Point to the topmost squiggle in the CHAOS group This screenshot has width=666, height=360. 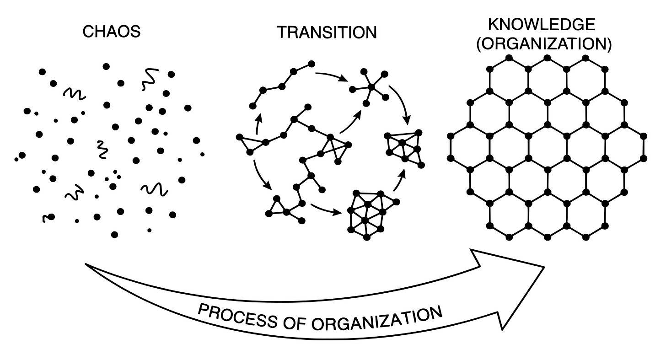tap(149, 78)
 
